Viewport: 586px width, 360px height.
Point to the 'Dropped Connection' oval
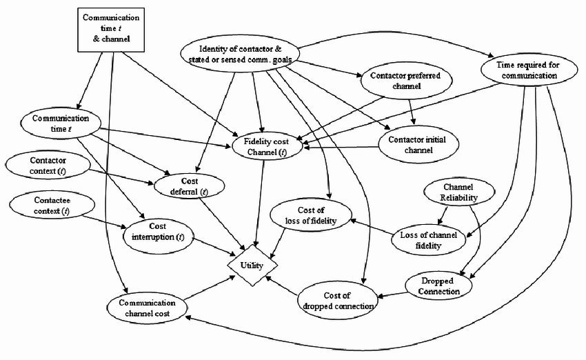(438, 286)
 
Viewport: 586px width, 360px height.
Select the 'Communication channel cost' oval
(147, 308)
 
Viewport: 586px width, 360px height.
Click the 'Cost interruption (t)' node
(158, 232)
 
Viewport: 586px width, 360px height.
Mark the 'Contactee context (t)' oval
(47, 206)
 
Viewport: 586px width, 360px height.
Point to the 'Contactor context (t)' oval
(48, 166)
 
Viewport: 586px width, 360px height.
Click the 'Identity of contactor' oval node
(239, 54)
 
